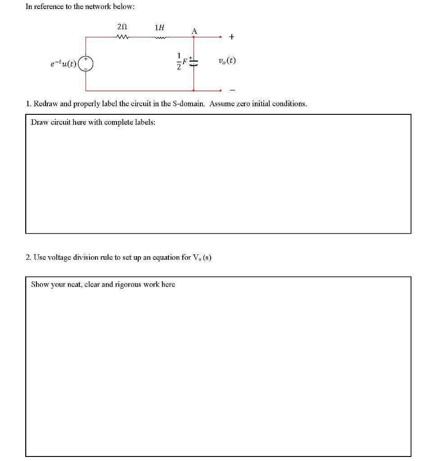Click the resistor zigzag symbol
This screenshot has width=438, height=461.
[122, 37]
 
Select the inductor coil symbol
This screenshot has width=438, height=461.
[160, 37]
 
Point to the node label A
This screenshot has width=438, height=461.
[194, 31]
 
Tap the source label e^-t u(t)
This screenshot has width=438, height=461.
[64, 64]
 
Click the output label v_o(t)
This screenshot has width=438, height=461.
[227, 61]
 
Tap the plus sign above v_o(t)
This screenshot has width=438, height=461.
[231, 37]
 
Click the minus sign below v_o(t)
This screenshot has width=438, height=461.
[232, 89]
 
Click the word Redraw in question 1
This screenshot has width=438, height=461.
[45, 104]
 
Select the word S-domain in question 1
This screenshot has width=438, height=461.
[190, 104]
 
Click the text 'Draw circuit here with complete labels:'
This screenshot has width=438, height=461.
[93, 122]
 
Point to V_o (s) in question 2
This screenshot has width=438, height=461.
[202, 258]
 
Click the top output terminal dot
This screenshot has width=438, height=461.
[221, 37]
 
